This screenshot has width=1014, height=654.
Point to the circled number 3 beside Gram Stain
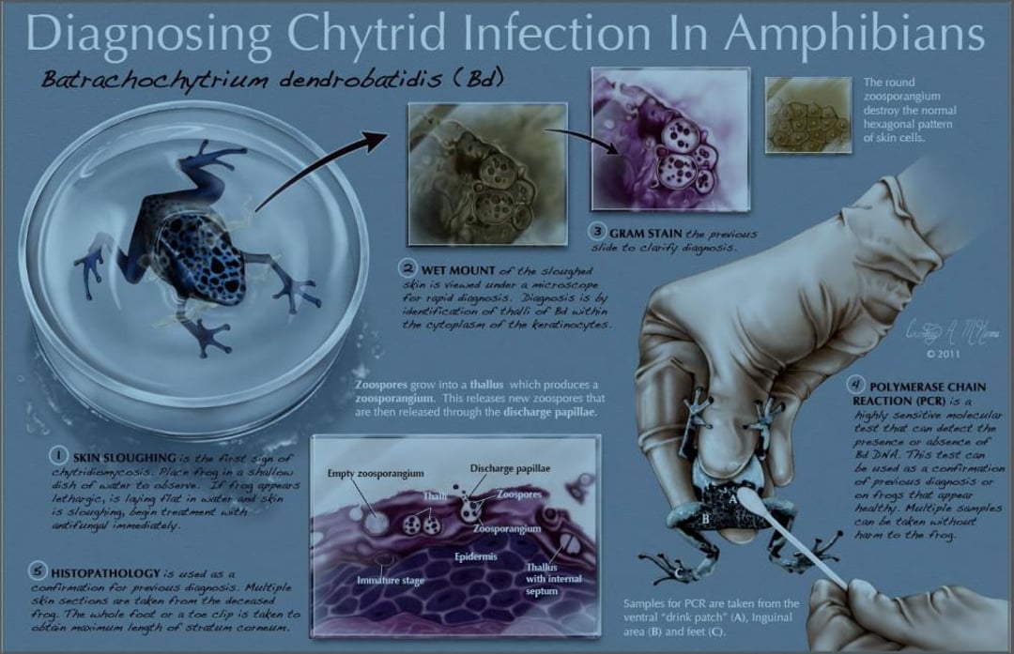597,231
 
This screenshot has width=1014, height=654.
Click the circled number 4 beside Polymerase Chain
854,384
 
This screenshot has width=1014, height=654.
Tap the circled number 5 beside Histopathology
38,569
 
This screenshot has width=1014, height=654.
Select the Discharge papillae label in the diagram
510,467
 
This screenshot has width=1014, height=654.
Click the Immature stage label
390,581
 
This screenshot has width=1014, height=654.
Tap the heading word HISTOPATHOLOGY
106,571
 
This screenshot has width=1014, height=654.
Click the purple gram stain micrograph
669,139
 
